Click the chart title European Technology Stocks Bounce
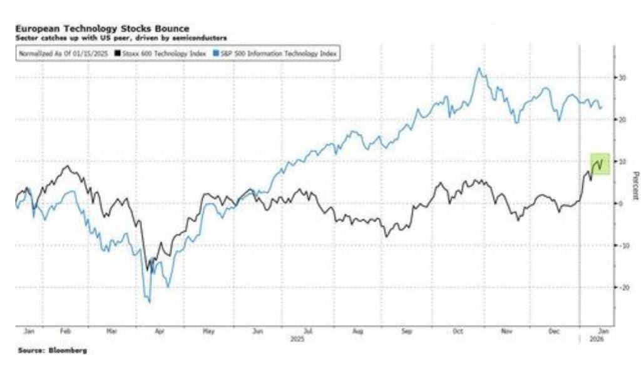(102, 29)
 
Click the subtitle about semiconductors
(121, 37)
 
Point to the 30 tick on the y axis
(623, 77)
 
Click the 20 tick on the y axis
(623, 119)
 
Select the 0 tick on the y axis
(620, 203)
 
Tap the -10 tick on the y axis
(623, 245)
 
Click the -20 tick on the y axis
(623, 287)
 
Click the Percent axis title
(635, 186)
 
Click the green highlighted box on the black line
(600, 164)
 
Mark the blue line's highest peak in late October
(479, 69)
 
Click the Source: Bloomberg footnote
(52, 351)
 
